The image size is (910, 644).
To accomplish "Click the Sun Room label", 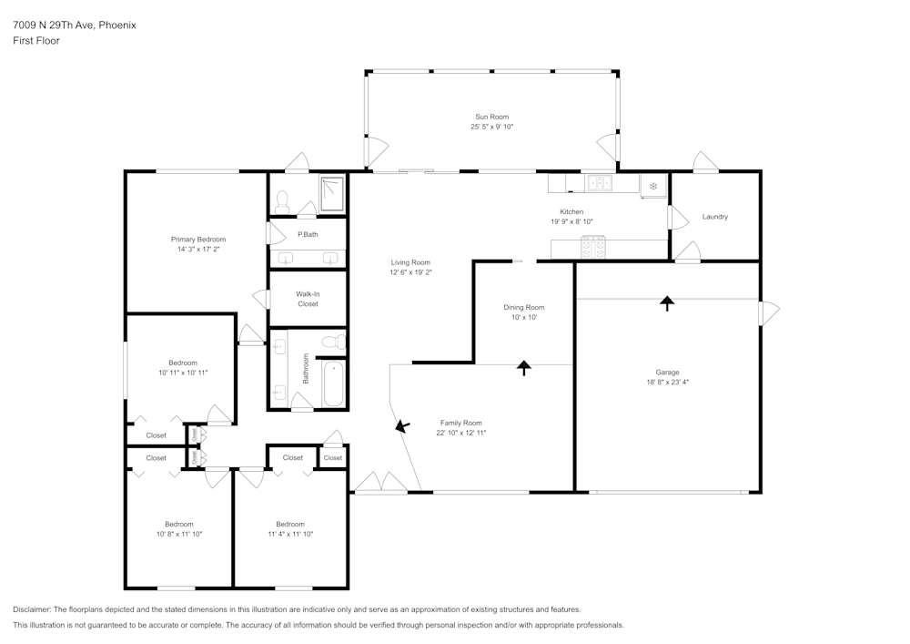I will (491, 117).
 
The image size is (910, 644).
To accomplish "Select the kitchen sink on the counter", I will (600, 183).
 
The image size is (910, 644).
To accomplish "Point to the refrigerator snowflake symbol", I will (652, 186).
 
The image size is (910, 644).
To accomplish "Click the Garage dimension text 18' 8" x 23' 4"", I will (668, 383).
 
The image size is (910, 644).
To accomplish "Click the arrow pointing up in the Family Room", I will (523, 367).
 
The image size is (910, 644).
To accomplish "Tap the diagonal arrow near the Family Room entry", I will (401, 425).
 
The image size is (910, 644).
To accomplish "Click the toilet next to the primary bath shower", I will (282, 201).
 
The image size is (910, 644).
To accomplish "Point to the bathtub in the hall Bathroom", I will (332, 383).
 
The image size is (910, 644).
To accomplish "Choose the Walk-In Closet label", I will (308, 299).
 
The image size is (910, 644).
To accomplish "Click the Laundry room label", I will (714, 217).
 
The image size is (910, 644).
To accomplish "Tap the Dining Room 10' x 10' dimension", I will (524, 318).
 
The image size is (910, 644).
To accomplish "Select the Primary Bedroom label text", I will (197, 239).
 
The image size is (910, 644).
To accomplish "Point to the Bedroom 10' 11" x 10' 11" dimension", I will (184, 373).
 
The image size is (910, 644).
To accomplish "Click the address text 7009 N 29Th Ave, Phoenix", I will (75, 26).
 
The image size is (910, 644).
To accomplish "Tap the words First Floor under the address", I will (36, 41).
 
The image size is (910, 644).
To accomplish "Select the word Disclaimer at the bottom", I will (33, 609).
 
